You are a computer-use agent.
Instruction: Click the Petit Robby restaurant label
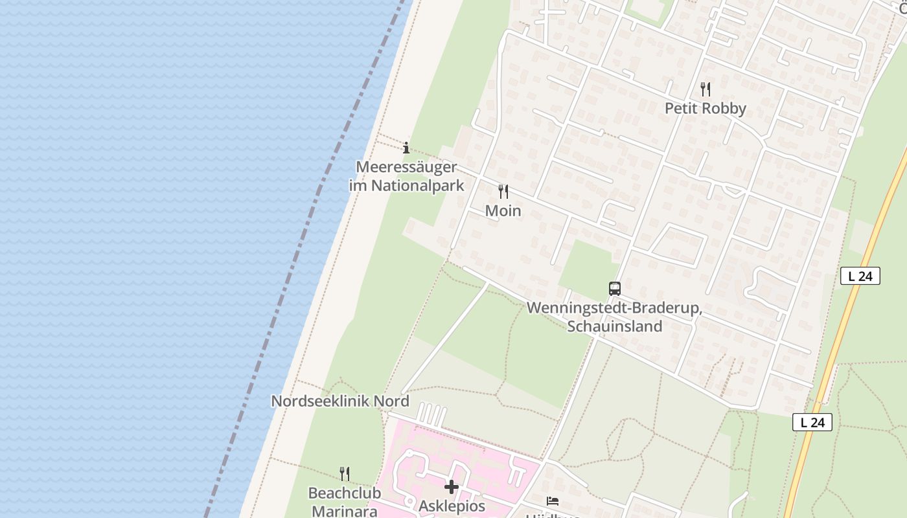[706, 108]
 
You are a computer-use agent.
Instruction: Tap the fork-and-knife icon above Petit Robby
[706, 89]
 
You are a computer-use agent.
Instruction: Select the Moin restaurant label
[503, 211]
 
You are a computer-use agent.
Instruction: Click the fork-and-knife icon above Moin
[503, 192]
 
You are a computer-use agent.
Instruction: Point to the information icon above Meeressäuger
[406, 148]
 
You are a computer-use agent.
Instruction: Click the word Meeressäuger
[407, 167]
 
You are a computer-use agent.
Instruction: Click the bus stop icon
[614, 289]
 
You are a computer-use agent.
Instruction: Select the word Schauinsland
[614, 326]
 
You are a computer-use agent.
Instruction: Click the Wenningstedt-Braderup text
[614, 308]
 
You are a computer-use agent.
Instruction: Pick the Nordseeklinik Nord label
[340, 401]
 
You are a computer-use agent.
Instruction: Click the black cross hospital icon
[452, 486]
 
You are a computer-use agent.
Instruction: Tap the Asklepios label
[452, 506]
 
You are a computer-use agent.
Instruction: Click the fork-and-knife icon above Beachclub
[345, 474]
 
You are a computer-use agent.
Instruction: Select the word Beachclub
[345, 493]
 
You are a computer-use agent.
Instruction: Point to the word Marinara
[345, 511]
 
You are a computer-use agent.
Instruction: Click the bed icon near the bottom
[553, 501]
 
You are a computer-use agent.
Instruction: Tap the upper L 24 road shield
[860, 276]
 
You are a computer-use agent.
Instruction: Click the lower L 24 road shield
[812, 423]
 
